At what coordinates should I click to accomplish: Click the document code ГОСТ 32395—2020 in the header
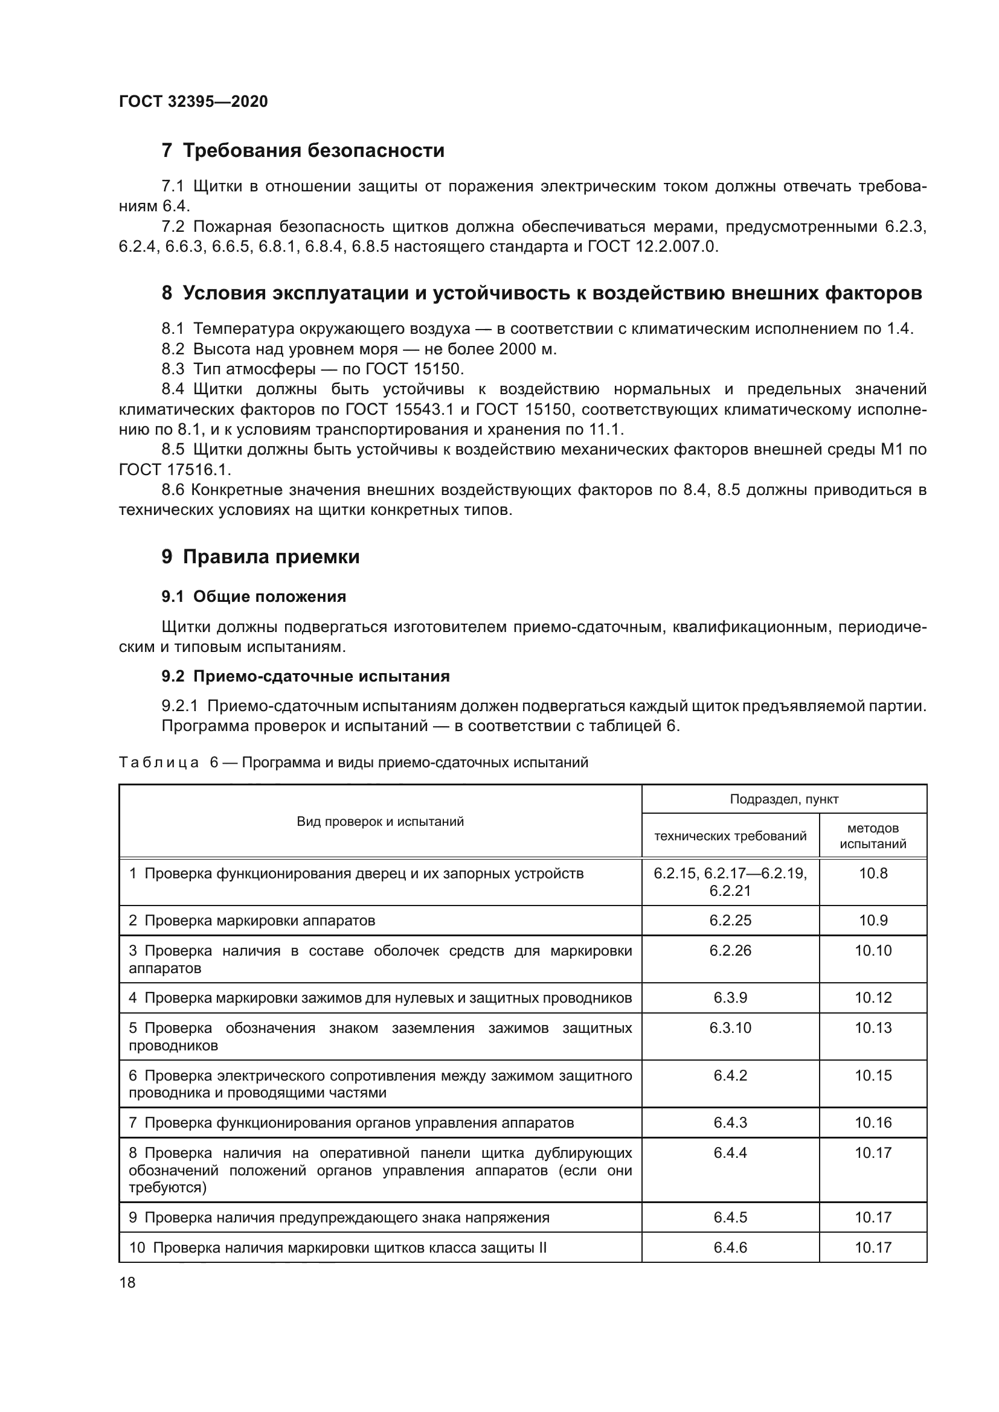pos(193,101)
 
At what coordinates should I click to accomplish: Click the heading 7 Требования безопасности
pos(303,150)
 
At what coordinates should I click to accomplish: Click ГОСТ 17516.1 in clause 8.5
pos(174,470)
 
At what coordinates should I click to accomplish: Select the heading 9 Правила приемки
pos(260,557)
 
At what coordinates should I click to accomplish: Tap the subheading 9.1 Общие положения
pos(254,596)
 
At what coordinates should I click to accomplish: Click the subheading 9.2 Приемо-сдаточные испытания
pos(305,676)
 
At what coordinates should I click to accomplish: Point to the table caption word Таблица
pos(159,762)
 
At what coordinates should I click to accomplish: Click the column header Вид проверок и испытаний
pos(380,821)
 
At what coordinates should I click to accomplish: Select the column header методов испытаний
pos(872,835)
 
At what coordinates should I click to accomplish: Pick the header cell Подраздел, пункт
pos(784,799)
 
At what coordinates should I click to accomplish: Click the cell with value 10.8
pos(872,874)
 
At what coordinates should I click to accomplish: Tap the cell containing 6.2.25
pos(730,921)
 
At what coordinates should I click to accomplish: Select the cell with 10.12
pos(872,997)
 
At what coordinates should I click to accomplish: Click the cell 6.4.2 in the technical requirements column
pos(730,1075)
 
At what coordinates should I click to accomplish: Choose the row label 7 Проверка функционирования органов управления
pos(351,1122)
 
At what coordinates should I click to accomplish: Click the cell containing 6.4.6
pos(730,1247)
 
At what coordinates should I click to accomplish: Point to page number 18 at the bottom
pos(127,1282)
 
